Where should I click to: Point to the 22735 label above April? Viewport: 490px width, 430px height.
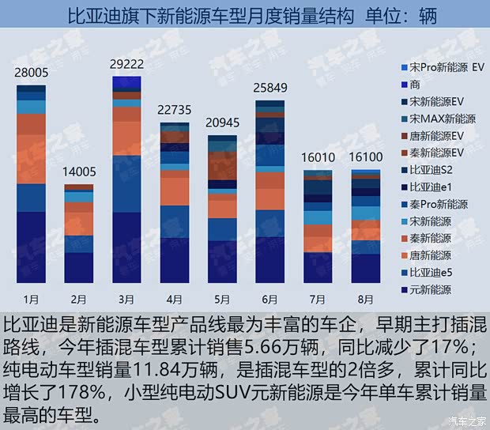coord(175,110)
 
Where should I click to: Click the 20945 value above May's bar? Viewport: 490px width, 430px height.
coord(223,123)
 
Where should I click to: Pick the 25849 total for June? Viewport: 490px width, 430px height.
coord(270,87)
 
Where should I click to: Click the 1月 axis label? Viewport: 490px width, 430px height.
coord(31,300)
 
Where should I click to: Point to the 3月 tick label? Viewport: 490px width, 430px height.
coord(126,300)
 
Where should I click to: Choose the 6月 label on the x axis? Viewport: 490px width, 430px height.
coord(270,300)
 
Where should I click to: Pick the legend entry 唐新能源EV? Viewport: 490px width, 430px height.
coord(435,136)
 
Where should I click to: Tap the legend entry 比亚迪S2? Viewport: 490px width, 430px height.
coord(431,170)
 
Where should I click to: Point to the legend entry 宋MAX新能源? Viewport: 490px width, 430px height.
coord(443,119)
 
